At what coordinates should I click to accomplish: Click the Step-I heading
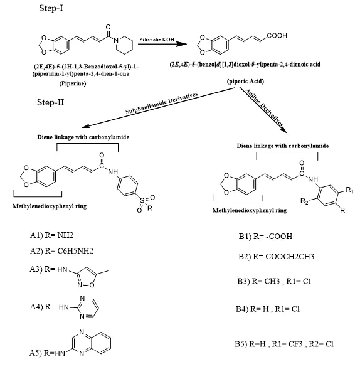pos(51,8)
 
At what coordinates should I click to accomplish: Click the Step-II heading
pos(51,102)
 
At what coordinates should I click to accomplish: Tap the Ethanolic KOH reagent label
pos(157,40)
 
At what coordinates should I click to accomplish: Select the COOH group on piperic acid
pos(277,36)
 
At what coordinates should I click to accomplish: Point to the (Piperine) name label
pos(73,83)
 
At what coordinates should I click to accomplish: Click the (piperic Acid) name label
pos(245,81)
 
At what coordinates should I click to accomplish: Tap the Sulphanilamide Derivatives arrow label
pos(162,103)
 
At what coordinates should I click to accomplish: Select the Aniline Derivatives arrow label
pos(264,107)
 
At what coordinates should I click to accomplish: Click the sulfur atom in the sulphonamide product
pos(142,200)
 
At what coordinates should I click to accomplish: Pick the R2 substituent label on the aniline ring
pos(304,201)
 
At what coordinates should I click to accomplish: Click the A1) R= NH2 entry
pos(51,235)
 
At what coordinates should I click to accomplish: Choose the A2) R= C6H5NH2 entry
pos(61,251)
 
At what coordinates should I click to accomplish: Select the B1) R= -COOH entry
pos(265,236)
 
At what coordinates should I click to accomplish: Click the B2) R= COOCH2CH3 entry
pos(276,256)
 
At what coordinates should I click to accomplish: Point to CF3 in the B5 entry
pos(295,344)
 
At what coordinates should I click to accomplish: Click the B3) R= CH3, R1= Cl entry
pos(274,281)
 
